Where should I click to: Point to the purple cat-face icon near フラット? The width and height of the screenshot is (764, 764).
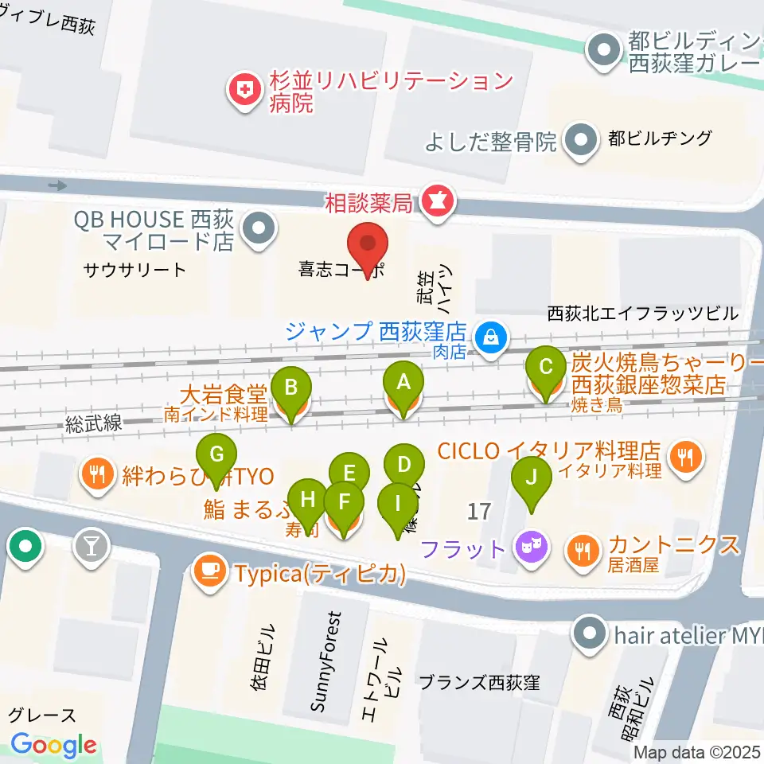click(x=530, y=548)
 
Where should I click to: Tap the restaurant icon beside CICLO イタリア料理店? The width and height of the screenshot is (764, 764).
click(x=684, y=457)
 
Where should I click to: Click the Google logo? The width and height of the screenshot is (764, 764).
click(x=54, y=744)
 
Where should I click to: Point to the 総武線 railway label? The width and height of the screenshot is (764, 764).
click(x=95, y=423)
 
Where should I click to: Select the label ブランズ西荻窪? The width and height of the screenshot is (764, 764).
click(x=479, y=683)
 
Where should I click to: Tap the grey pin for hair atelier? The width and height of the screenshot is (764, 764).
click(x=591, y=636)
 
